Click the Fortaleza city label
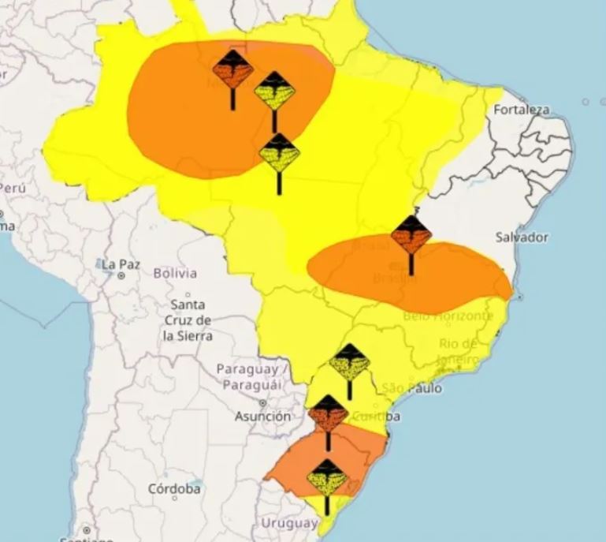pos(521,110)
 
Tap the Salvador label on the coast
pos(521,237)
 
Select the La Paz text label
pos(121,264)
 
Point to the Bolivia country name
pos(175,273)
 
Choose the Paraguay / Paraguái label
pos(253,376)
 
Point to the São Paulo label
pos(411,388)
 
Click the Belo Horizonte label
pos(448,316)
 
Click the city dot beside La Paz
pos(121,276)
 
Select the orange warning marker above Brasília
pos(411,234)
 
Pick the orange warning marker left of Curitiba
pos(328,413)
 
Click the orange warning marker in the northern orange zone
pos(232,69)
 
